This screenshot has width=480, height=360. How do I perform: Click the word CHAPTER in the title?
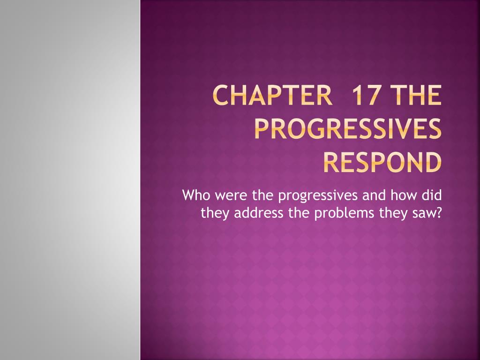[272, 95]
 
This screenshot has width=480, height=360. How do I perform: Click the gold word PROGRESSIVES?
[348, 128]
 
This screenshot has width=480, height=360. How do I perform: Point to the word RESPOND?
[382, 162]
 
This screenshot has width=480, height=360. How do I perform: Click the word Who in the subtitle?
[196, 195]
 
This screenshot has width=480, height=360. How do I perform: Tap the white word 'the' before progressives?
[262, 195]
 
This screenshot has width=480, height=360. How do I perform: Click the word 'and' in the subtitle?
[374, 195]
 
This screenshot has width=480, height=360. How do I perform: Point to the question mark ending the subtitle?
[438, 212]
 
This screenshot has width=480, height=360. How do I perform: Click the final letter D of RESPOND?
[432, 162]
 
